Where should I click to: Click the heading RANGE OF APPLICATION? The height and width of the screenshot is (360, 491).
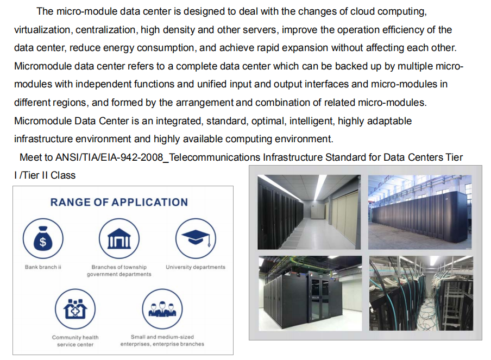point(119,202)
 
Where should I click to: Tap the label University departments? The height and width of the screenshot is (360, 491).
point(196,267)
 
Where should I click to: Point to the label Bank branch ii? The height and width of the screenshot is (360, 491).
point(43,267)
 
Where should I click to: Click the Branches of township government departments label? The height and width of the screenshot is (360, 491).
point(119,270)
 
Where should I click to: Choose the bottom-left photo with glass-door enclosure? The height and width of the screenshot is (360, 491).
point(309,293)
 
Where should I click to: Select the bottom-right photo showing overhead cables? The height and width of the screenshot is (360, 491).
point(420,293)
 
